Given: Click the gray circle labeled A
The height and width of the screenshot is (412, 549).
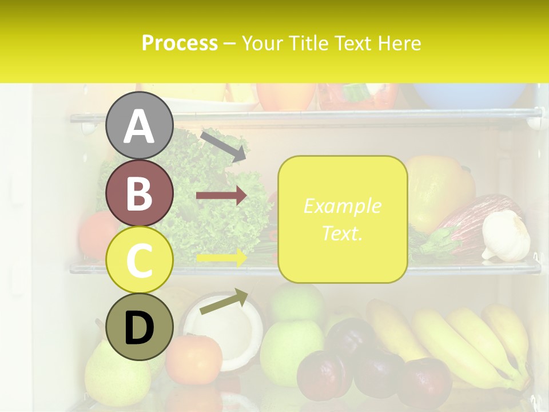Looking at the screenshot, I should point(139,125).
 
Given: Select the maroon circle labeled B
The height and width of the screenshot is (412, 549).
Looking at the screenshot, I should point(139,193).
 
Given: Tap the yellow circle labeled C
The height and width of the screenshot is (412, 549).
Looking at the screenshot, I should point(139,260).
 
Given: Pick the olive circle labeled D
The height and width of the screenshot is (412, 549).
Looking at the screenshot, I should point(139,327).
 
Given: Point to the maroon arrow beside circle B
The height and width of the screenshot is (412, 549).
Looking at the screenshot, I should point(221,196).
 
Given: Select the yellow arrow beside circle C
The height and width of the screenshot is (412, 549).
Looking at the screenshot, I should point(221,258).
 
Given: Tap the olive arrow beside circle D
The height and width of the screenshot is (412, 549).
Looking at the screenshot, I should point(224,302).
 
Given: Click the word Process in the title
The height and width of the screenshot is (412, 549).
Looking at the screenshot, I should point(180,43).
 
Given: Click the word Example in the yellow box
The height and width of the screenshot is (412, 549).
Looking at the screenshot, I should point(342,206).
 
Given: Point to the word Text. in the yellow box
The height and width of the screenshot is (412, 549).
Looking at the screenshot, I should point(342,233).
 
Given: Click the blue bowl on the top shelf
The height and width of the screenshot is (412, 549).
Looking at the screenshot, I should point(469,95).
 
